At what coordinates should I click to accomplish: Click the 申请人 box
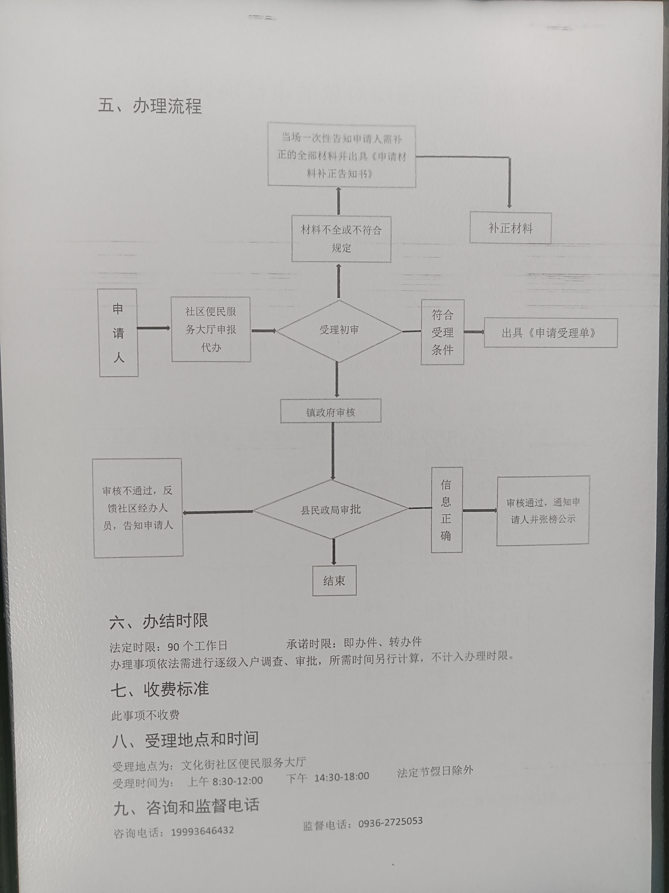tap(119, 333)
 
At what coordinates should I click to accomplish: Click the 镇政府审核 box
tap(331, 411)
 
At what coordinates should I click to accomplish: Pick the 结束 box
tap(334, 580)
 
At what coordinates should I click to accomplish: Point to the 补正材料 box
tap(510, 228)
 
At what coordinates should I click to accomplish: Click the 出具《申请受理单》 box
tap(550, 333)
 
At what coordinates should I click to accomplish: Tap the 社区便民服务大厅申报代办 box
tap(211, 330)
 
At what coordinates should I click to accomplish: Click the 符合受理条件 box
tap(442, 332)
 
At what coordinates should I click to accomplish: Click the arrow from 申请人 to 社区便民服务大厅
tap(154, 328)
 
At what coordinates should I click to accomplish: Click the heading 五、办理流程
tap(150, 106)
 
